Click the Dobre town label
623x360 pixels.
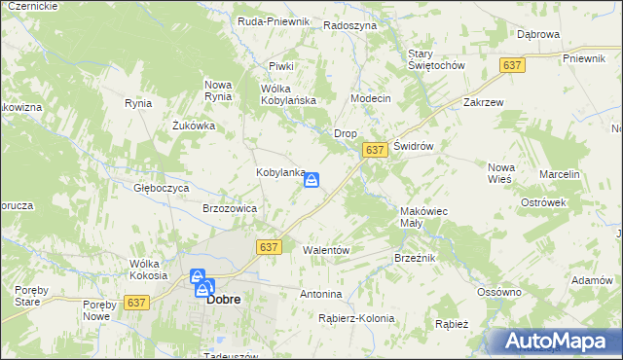tap(224, 301)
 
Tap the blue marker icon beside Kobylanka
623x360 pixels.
tap(311, 180)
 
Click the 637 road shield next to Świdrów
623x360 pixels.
tap(376, 150)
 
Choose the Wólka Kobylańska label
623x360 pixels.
tap(289, 93)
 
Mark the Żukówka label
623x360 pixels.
tap(193, 126)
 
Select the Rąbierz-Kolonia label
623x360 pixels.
tap(356, 318)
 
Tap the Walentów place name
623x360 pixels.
tap(326, 250)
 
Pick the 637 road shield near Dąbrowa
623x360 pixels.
tap(512, 64)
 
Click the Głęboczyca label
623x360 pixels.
tap(161, 188)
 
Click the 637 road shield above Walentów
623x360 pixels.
tap(270, 247)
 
